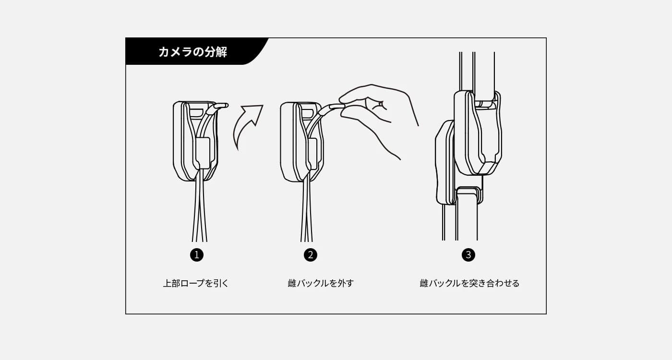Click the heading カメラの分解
pos(192,52)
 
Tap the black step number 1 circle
pos(197,255)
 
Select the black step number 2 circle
pos(311,255)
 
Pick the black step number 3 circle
pos(468,255)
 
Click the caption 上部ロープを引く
pos(196,283)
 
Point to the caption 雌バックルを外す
pos(321,283)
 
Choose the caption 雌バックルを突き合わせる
pos(469,283)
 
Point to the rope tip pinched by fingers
pos(336,107)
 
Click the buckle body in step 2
pos(302,142)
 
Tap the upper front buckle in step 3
pos(478,132)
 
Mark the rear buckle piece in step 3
pos(445,163)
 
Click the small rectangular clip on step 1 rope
pos(203,153)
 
